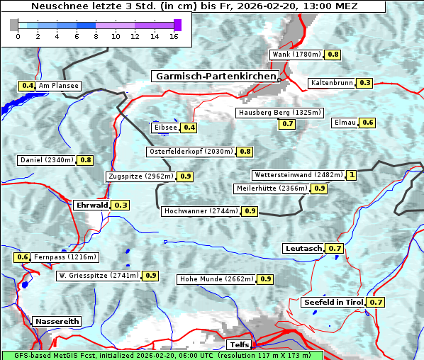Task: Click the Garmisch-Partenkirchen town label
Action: point(214,76)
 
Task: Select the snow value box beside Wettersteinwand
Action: point(352,175)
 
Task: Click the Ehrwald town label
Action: point(91,205)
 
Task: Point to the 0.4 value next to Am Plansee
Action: point(27,86)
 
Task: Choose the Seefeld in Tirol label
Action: point(333,302)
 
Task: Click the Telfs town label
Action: point(238,345)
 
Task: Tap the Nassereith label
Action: point(57,321)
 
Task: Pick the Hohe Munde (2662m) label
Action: point(216,279)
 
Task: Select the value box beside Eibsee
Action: point(189,128)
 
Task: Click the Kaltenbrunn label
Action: point(331,83)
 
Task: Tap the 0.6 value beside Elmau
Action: point(367,123)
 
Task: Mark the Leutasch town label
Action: point(303,248)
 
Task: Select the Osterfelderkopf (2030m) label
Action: point(190,152)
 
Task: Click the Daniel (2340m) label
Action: point(46,160)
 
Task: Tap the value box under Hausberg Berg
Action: point(286,124)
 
